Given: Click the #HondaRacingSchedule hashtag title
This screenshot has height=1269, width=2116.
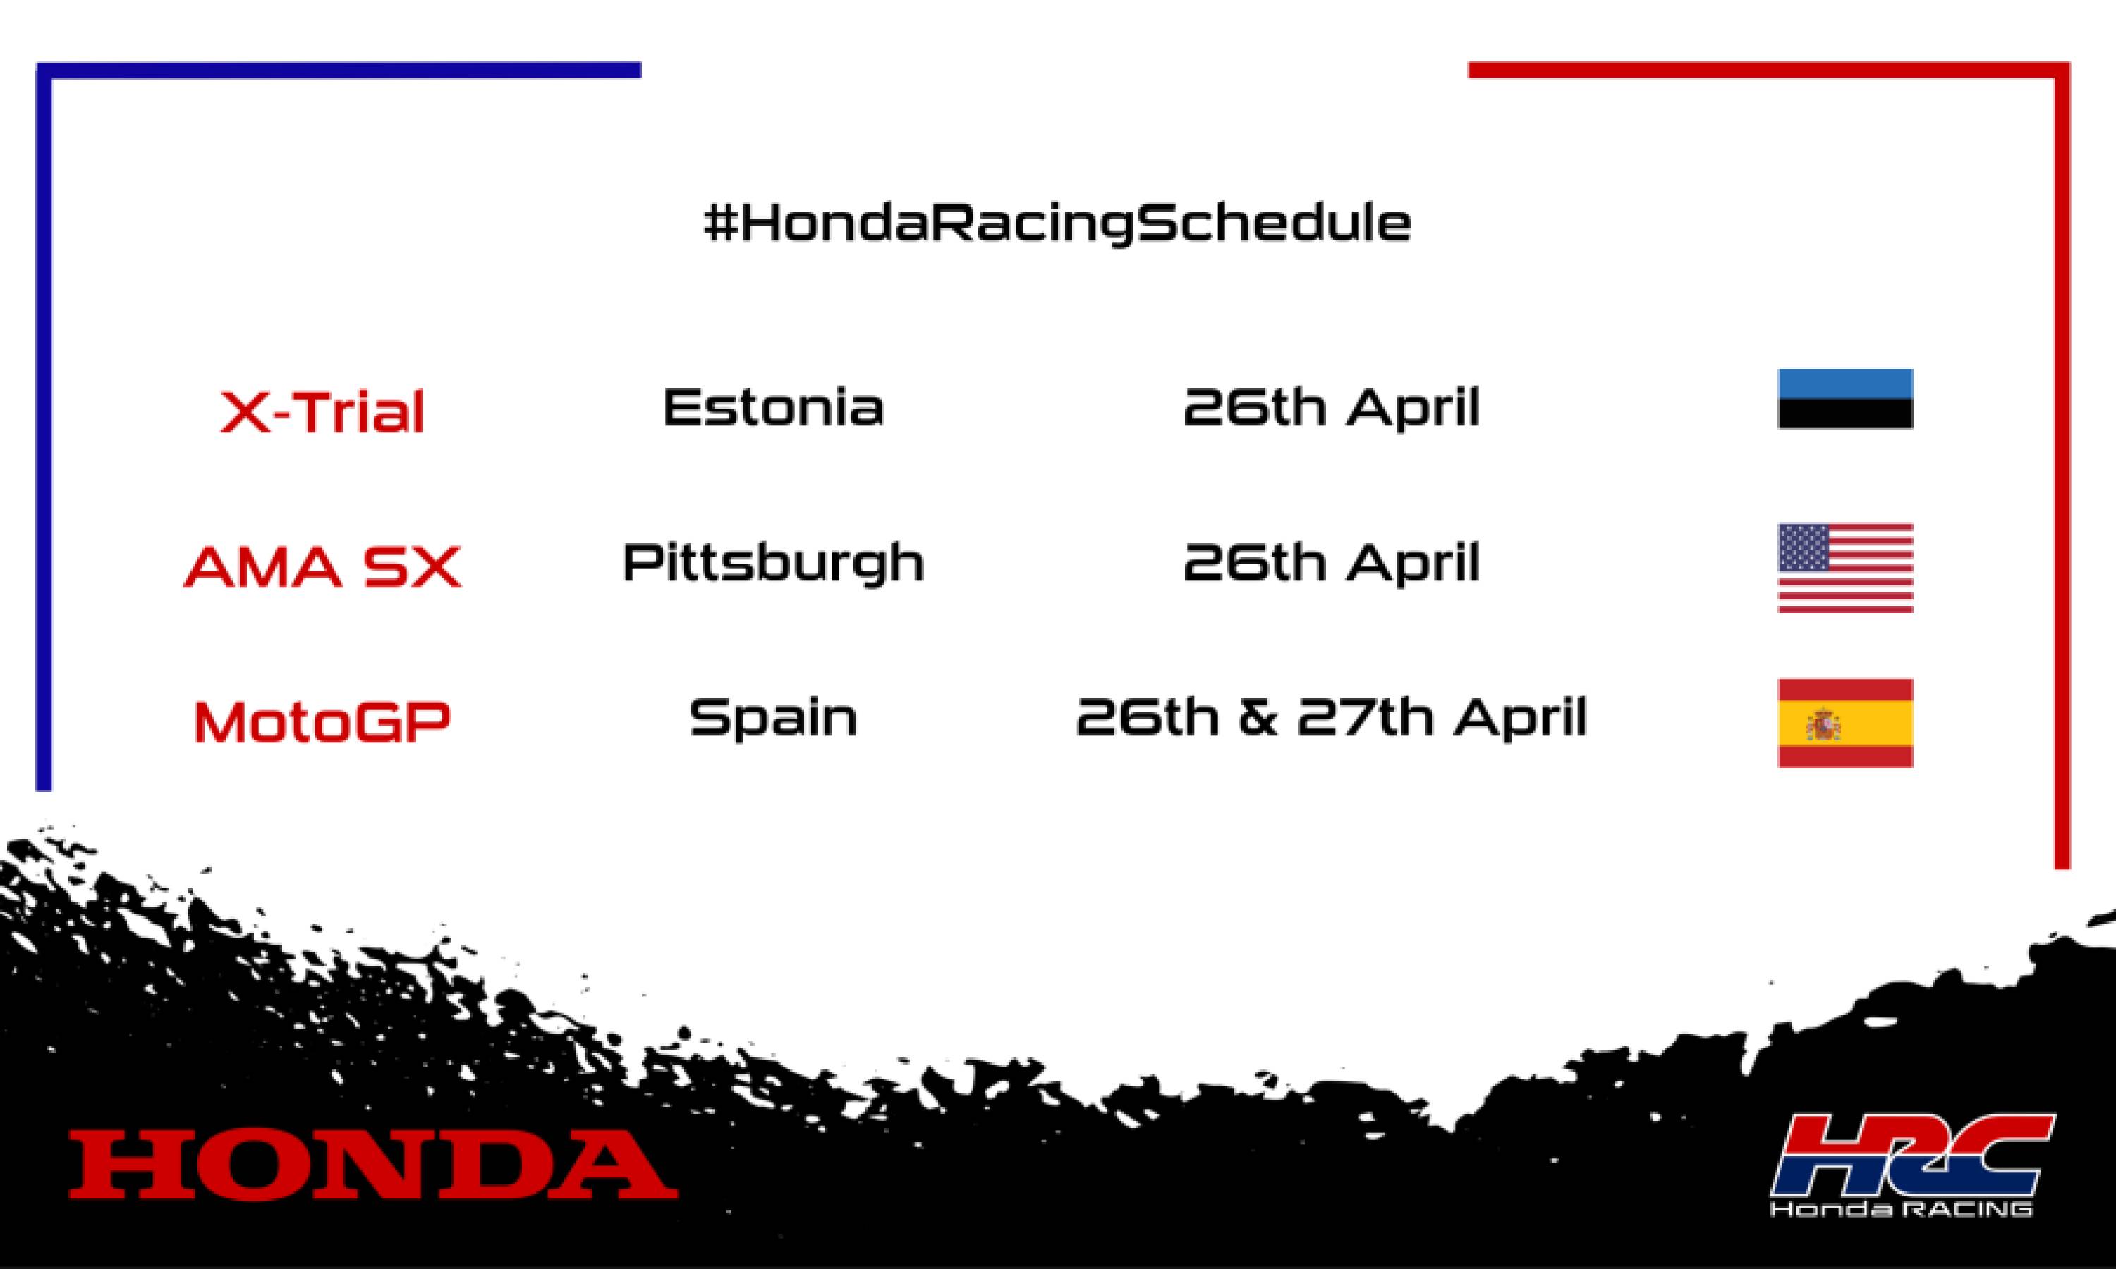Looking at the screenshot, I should [x=1057, y=224].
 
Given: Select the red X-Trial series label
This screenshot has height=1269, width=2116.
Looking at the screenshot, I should [x=322, y=412].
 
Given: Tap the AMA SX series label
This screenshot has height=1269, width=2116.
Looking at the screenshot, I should [x=322, y=566].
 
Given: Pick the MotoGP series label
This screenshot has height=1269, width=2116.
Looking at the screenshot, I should [x=322, y=722].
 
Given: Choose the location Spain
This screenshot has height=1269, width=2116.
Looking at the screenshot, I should [x=773, y=718].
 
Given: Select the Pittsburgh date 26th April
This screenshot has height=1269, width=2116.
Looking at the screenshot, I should [x=1331, y=563].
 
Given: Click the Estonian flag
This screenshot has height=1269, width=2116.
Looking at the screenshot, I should [x=1845, y=398].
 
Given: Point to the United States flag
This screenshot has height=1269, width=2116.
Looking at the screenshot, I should [x=1845, y=568].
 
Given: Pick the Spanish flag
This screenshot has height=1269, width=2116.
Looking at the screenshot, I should [x=1845, y=723].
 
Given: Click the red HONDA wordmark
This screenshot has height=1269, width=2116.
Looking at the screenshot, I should [x=373, y=1164].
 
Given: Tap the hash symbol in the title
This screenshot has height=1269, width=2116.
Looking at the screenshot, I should [x=719, y=224].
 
